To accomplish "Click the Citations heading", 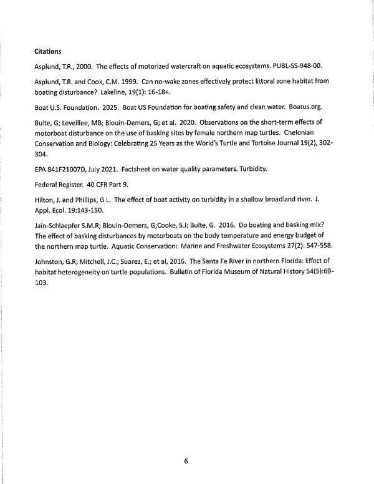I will (51, 51).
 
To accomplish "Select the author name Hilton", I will (45, 198).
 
